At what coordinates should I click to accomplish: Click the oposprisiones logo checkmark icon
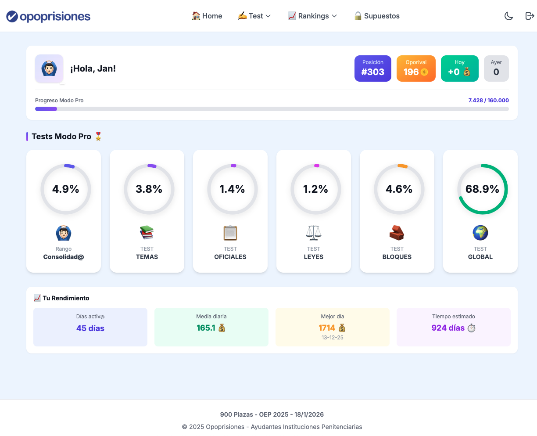click(12, 16)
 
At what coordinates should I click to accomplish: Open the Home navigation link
click(207, 16)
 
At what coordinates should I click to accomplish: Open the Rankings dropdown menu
click(312, 16)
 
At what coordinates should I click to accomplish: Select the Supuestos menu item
click(377, 16)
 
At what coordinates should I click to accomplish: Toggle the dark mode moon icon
click(508, 16)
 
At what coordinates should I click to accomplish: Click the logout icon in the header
click(530, 16)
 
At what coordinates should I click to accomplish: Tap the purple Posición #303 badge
click(372, 68)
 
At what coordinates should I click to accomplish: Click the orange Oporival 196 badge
click(416, 68)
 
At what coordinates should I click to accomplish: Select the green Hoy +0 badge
click(459, 68)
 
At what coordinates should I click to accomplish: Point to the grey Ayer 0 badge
click(496, 68)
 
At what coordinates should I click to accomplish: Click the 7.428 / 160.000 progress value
click(488, 101)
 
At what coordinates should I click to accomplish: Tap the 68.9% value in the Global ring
click(482, 189)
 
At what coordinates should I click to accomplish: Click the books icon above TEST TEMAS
click(147, 233)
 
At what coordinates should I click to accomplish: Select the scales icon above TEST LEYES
click(314, 233)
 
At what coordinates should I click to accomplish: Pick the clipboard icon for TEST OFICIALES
click(230, 233)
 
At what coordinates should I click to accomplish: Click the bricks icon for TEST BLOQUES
click(397, 233)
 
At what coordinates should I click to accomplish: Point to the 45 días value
click(90, 328)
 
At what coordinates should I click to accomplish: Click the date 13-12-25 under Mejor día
click(333, 338)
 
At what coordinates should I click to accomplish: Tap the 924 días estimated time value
click(448, 328)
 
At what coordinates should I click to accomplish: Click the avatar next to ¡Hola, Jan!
click(49, 68)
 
